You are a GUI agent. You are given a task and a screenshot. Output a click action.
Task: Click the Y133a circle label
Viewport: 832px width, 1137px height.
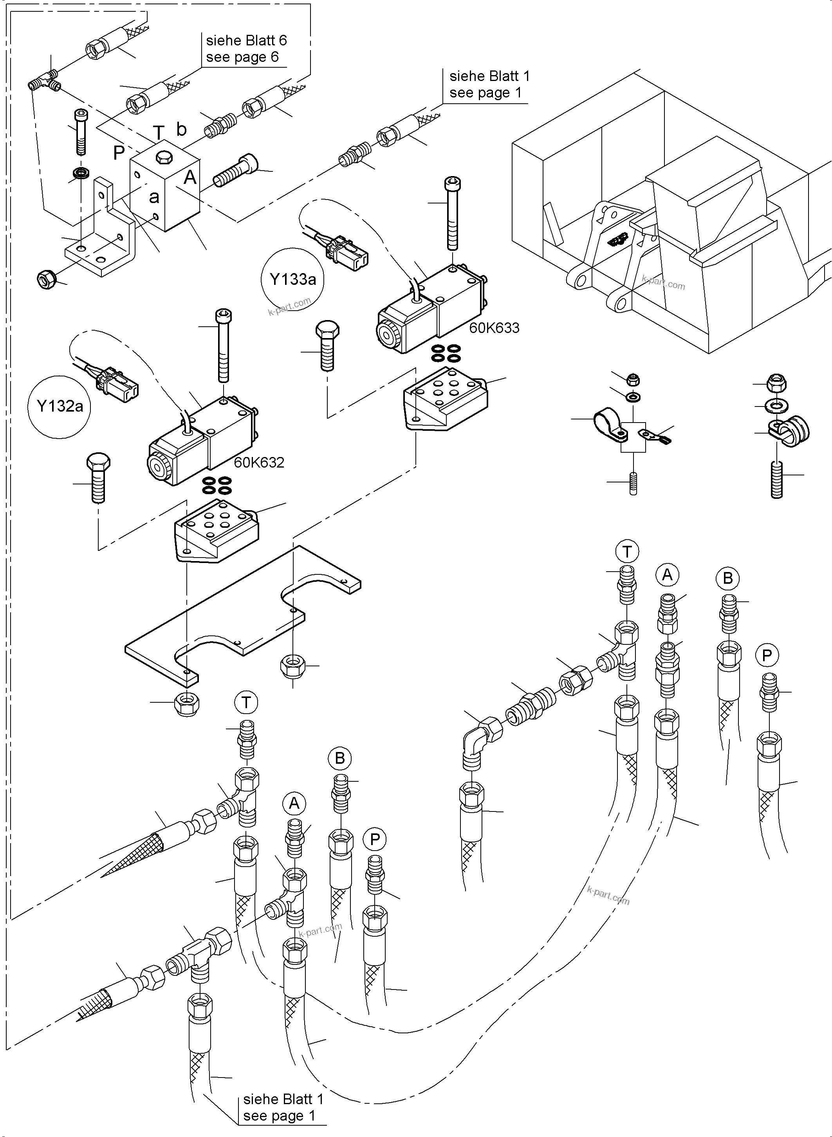point(292,279)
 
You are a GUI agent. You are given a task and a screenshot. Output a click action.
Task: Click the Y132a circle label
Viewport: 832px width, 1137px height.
point(60,406)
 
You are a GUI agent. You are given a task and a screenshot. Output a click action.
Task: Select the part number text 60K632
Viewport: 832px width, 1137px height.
point(259,462)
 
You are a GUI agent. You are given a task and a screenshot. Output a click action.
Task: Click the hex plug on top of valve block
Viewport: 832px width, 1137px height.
point(164,158)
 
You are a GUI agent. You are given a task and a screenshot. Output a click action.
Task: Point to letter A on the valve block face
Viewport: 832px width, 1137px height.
point(190,177)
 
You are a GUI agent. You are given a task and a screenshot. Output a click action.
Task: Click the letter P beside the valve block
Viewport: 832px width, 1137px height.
point(119,153)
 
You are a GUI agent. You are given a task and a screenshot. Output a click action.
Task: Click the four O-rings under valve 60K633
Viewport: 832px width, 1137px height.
point(446,353)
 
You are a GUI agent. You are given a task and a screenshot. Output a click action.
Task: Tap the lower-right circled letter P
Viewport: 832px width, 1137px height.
point(767,655)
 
